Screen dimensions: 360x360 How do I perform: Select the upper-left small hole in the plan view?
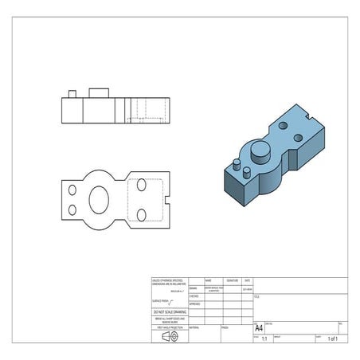[x=72, y=190]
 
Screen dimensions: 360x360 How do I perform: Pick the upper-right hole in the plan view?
[x=142, y=185]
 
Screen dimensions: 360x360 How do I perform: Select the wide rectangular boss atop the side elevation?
[x=99, y=92]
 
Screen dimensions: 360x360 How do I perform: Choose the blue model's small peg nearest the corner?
[x=237, y=165]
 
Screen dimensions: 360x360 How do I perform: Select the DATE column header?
[x=247, y=281]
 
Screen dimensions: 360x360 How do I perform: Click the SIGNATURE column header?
[x=232, y=281]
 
